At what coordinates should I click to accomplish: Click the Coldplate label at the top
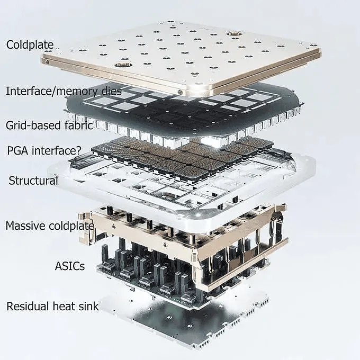pyautogui.click(x=30, y=45)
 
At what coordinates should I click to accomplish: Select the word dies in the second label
pyautogui.click(x=109, y=91)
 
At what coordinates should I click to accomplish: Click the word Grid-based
pyautogui.click(x=33, y=125)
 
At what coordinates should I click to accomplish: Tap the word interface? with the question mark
pyautogui.click(x=57, y=150)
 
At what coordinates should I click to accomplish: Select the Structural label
pyautogui.click(x=33, y=181)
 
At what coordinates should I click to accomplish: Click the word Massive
pyautogui.click(x=25, y=226)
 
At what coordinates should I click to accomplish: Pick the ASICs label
pyautogui.click(x=70, y=266)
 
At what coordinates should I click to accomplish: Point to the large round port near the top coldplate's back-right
pyautogui.click(x=233, y=34)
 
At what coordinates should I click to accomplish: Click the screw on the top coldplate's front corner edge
pyautogui.click(x=181, y=92)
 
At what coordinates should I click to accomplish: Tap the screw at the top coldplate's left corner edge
pyautogui.click(x=47, y=61)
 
